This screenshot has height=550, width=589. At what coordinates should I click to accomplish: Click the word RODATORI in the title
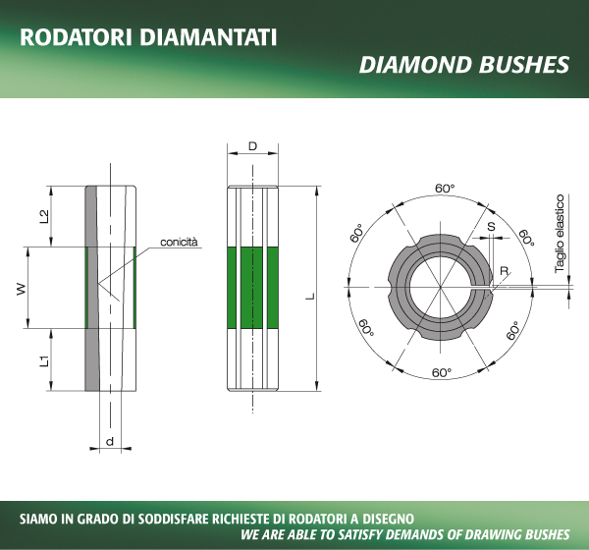tap(76, 37)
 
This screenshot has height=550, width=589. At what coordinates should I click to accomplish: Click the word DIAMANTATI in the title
tap(208, 37)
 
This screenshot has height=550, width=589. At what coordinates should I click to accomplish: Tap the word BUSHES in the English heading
tap(524, 64)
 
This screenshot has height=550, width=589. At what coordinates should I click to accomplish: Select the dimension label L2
tap(44, 216)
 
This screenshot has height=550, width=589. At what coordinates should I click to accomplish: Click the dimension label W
tap(22, 289)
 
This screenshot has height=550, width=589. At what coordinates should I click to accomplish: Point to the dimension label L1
tap(44, 360)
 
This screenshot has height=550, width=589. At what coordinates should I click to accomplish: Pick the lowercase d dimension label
tap(110, 441)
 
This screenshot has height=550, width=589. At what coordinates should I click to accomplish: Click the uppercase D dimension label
tap(253, 146)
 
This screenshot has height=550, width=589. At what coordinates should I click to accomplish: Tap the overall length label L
tap(310, 296)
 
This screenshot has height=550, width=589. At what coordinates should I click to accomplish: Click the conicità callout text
tap(179, 242)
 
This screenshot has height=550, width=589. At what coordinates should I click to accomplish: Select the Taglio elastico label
tap(560, 233)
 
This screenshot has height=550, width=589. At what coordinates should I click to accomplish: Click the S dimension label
tap(491, 226)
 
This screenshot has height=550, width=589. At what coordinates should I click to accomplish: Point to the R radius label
tap(505, 271)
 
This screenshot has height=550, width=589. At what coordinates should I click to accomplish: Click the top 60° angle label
tap(445, 188)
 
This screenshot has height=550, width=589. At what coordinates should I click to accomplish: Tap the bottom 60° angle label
tap(442, 372)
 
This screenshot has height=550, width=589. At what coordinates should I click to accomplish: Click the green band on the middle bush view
tap(253, 288)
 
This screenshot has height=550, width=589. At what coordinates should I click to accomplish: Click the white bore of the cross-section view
tap(441, 288)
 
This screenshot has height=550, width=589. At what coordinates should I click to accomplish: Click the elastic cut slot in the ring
tap(481, 288)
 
